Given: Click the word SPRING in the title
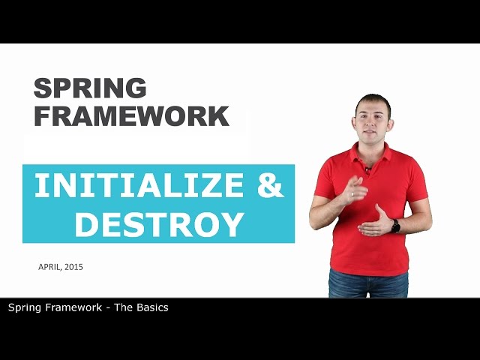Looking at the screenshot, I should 90,88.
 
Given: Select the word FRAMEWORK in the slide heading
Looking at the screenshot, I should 131,115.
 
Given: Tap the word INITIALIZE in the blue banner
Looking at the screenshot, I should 139,186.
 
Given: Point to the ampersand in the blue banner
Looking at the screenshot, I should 271,186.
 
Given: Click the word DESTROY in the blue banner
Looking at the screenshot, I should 160,224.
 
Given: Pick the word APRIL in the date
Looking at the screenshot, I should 51,266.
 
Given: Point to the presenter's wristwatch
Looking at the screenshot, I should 395,226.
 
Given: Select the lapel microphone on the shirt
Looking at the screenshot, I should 368,170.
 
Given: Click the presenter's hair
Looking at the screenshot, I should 373,100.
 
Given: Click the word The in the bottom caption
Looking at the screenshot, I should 122,307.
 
